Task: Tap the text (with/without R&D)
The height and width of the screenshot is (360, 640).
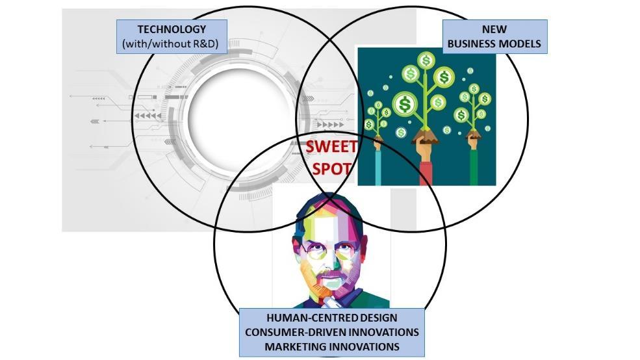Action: point(172,45)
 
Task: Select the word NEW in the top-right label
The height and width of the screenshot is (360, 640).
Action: point(494,29)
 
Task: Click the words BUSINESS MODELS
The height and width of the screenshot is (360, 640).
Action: point(494,45)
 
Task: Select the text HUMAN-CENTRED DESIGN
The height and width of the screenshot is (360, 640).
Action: point(331,318)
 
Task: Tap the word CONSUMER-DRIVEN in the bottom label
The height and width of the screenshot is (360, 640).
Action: point(296,332)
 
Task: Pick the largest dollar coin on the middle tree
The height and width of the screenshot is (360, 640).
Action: point(405,103)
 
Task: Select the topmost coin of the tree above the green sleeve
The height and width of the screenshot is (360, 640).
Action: point(474,88)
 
